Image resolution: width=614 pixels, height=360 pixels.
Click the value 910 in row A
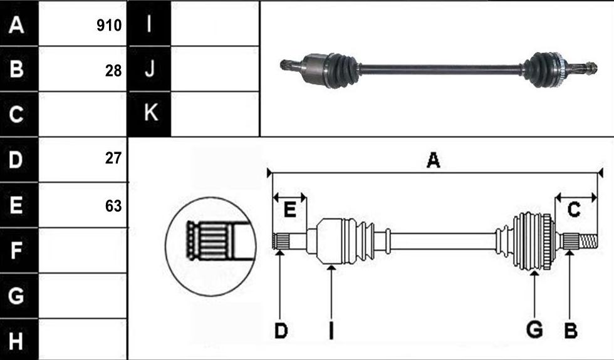pyautogui.click(x=109, y=26)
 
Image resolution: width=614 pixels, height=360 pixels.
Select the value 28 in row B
pyautogui.click(x=113, y=71)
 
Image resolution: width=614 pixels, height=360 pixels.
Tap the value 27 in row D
pyautogui.click(x=113, y=158)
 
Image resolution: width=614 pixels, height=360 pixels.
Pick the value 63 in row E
pyautogui.click(x=113, y=206)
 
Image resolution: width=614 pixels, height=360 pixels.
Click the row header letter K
pyautogui.click(x=151, y=113)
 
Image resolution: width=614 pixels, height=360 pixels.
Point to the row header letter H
pyautogui.click(x=16, y=341)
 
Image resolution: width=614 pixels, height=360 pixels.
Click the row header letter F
pyautogui.click(x=16, y=250)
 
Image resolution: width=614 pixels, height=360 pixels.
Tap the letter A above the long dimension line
pyautogui.click(x=433, y=160)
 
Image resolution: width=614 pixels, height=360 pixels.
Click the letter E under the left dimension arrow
pyautogui.click(x=289, y=210)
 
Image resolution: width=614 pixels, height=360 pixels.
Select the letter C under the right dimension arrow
pyautogui.click(x=574, y=210)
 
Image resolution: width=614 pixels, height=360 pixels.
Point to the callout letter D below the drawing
pyautogui.click(x=281, y=331)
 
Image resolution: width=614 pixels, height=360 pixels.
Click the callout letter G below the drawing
pyautogui.click(x=534, y=329)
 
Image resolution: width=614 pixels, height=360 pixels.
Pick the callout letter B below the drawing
pyautogui.click(x=571, y=331)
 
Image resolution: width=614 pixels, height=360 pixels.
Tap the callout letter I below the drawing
pyautogui.click(x=331, y=331)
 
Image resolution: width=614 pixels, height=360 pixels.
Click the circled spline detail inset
pyautogui.click(x=211, y=247)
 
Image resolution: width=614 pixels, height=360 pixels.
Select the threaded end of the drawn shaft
pyautogui.click(x=588, y=241)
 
